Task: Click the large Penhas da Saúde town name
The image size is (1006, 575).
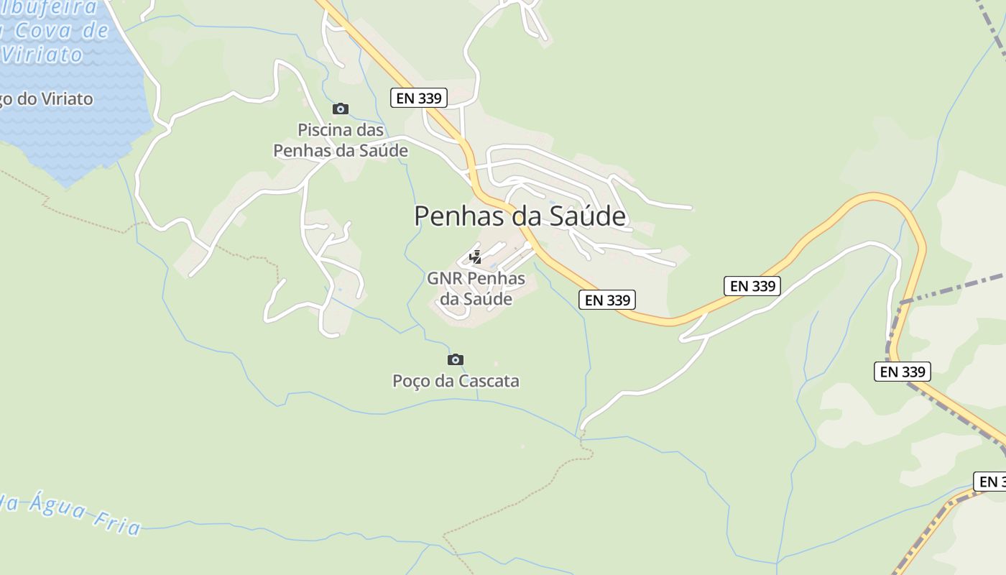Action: pos(520,216)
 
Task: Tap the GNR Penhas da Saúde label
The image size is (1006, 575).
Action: pos(476,288)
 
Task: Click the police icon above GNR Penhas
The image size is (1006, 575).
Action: pos(475,257)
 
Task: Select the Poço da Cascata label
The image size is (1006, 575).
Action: pos(456,381)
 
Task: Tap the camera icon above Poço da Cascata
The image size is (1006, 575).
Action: pos(455,359)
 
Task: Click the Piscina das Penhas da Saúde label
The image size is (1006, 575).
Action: pos(341,140)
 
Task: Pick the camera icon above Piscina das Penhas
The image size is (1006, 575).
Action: pos(341,109)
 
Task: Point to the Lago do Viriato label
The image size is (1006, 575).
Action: pos(47,98)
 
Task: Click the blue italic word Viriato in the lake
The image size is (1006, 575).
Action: pos(43,55)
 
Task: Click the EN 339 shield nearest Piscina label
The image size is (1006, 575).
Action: pos(419,98)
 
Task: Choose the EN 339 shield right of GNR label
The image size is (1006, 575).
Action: pos(607,300)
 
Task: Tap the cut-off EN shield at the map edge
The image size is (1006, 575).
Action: pos(990,482)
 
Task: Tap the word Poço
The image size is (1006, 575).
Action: pos(409,381)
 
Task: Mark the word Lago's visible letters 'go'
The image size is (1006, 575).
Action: pos(8,98)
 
